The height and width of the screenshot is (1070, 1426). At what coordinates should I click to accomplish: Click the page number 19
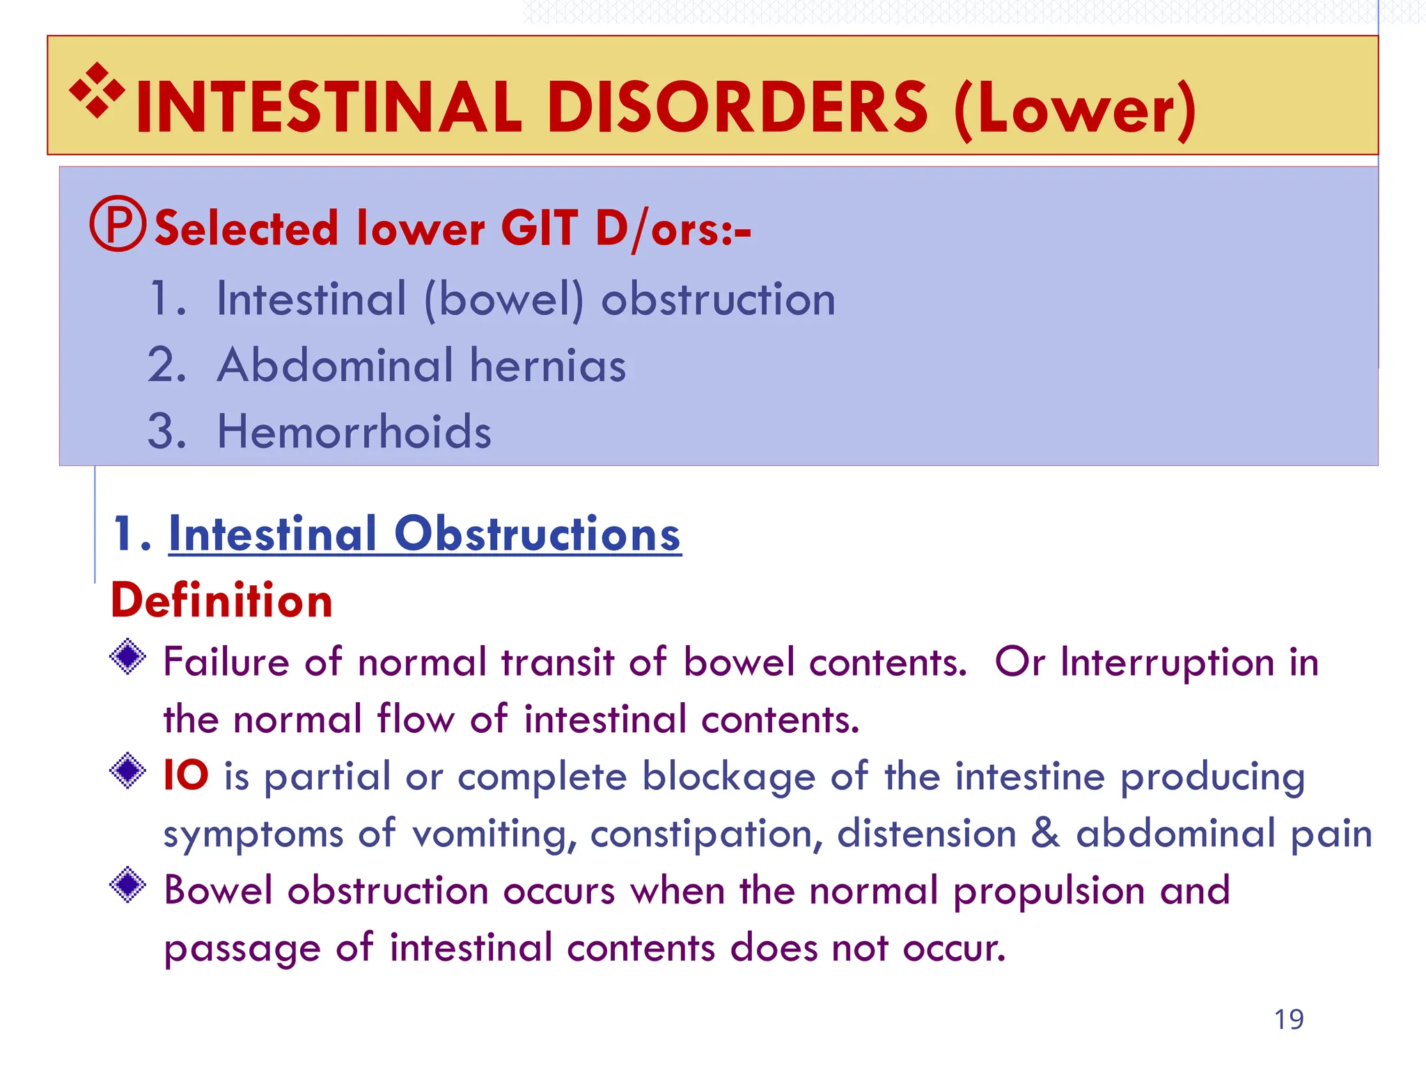point(1289,1019)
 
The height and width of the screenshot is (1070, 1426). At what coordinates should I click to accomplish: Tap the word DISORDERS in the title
point(737,108)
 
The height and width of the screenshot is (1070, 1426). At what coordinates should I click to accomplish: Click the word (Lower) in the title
point(1074,110)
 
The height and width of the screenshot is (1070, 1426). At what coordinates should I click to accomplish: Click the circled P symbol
point(118,224)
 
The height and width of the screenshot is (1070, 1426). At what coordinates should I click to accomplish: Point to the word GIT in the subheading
point(539,228)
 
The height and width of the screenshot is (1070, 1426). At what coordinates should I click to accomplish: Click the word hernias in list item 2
point(548,366)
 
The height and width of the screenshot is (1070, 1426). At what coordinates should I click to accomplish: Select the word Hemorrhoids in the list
point(354,431)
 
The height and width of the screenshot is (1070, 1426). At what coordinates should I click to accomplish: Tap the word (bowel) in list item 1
point(504,300)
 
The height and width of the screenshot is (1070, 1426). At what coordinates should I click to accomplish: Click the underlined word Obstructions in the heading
point(537,534)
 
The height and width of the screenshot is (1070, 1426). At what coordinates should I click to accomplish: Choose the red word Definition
point(221,600)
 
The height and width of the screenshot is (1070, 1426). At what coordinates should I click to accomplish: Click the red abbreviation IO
point(185,775)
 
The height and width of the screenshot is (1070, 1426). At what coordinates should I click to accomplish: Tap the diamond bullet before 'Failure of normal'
point(128,657)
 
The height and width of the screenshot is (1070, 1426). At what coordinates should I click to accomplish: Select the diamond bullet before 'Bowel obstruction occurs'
point(128,885)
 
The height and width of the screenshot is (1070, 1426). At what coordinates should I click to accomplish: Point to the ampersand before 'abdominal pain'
point(1045,833)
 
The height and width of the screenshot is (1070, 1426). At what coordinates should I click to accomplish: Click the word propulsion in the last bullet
point(1049,892)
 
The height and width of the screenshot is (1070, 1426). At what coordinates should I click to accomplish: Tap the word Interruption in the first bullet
point(1167,662)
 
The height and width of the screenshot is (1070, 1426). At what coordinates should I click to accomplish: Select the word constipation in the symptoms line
point(706,834)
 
